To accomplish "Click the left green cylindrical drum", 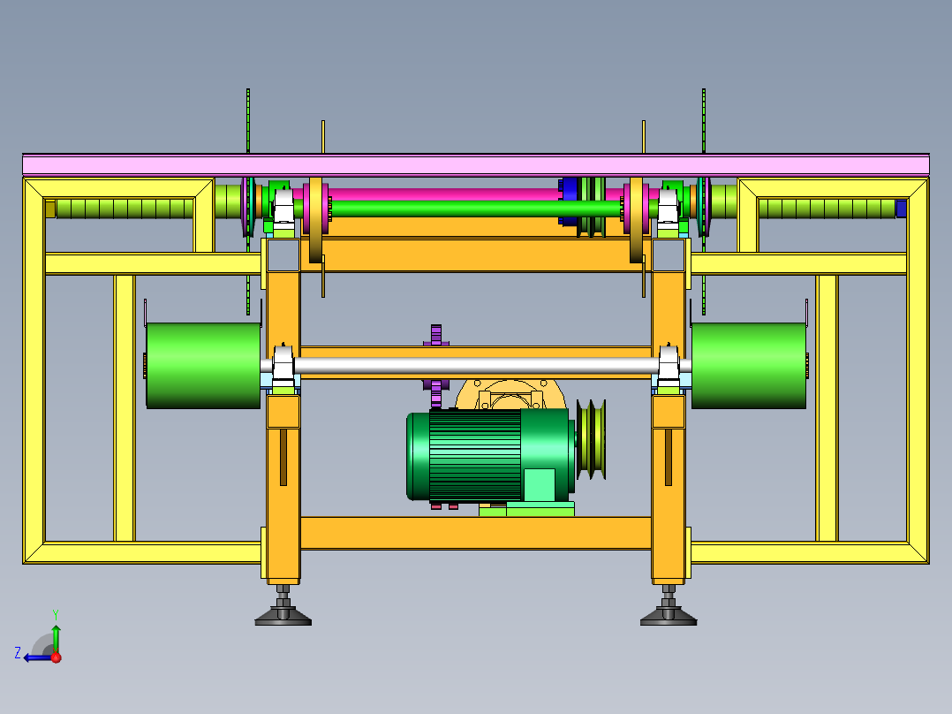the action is click(203, 365).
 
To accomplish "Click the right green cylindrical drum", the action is click(749, 365).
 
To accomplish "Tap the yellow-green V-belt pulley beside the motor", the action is click(591, 438).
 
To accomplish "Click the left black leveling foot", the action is click(283, 611).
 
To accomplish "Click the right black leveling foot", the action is click(669, 611).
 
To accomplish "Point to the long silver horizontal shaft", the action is click(476, 365).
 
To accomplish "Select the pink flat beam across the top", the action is click(476, 165).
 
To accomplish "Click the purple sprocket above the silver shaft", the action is click(436, 335).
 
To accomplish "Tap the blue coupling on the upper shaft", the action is click(568, 207).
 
